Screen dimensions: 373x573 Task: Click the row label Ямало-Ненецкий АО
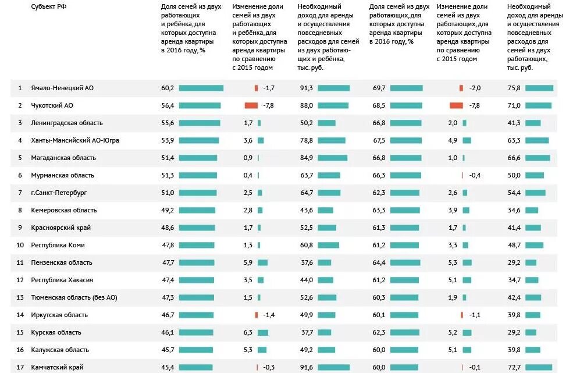62,88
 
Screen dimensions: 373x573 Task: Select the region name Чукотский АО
52,105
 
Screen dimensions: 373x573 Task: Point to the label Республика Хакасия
62,280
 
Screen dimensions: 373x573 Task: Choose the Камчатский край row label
57,367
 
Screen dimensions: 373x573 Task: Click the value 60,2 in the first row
168,88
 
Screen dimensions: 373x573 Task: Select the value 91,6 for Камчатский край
306,367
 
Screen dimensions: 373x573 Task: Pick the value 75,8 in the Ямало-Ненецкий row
514,88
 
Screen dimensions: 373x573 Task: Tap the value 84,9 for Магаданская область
306,158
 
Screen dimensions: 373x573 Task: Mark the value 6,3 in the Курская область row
248,332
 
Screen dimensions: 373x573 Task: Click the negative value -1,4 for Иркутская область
269,315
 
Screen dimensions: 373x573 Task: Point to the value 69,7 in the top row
379,88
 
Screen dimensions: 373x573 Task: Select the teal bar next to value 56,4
200,105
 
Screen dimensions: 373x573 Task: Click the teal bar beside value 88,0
333,105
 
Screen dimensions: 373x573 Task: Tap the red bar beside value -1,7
256,88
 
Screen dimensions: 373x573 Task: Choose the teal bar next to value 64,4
405,262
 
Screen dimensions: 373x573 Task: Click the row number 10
19,245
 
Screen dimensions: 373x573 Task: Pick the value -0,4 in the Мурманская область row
475,175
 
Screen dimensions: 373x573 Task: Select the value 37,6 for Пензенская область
306,262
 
